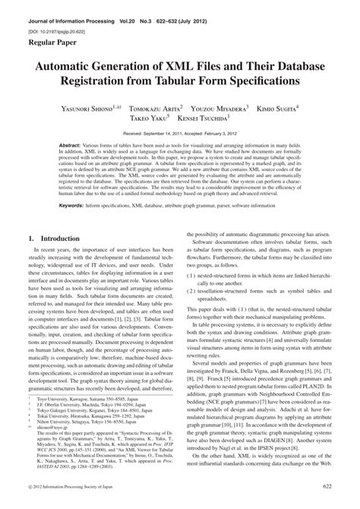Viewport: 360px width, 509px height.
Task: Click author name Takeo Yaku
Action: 147,120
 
